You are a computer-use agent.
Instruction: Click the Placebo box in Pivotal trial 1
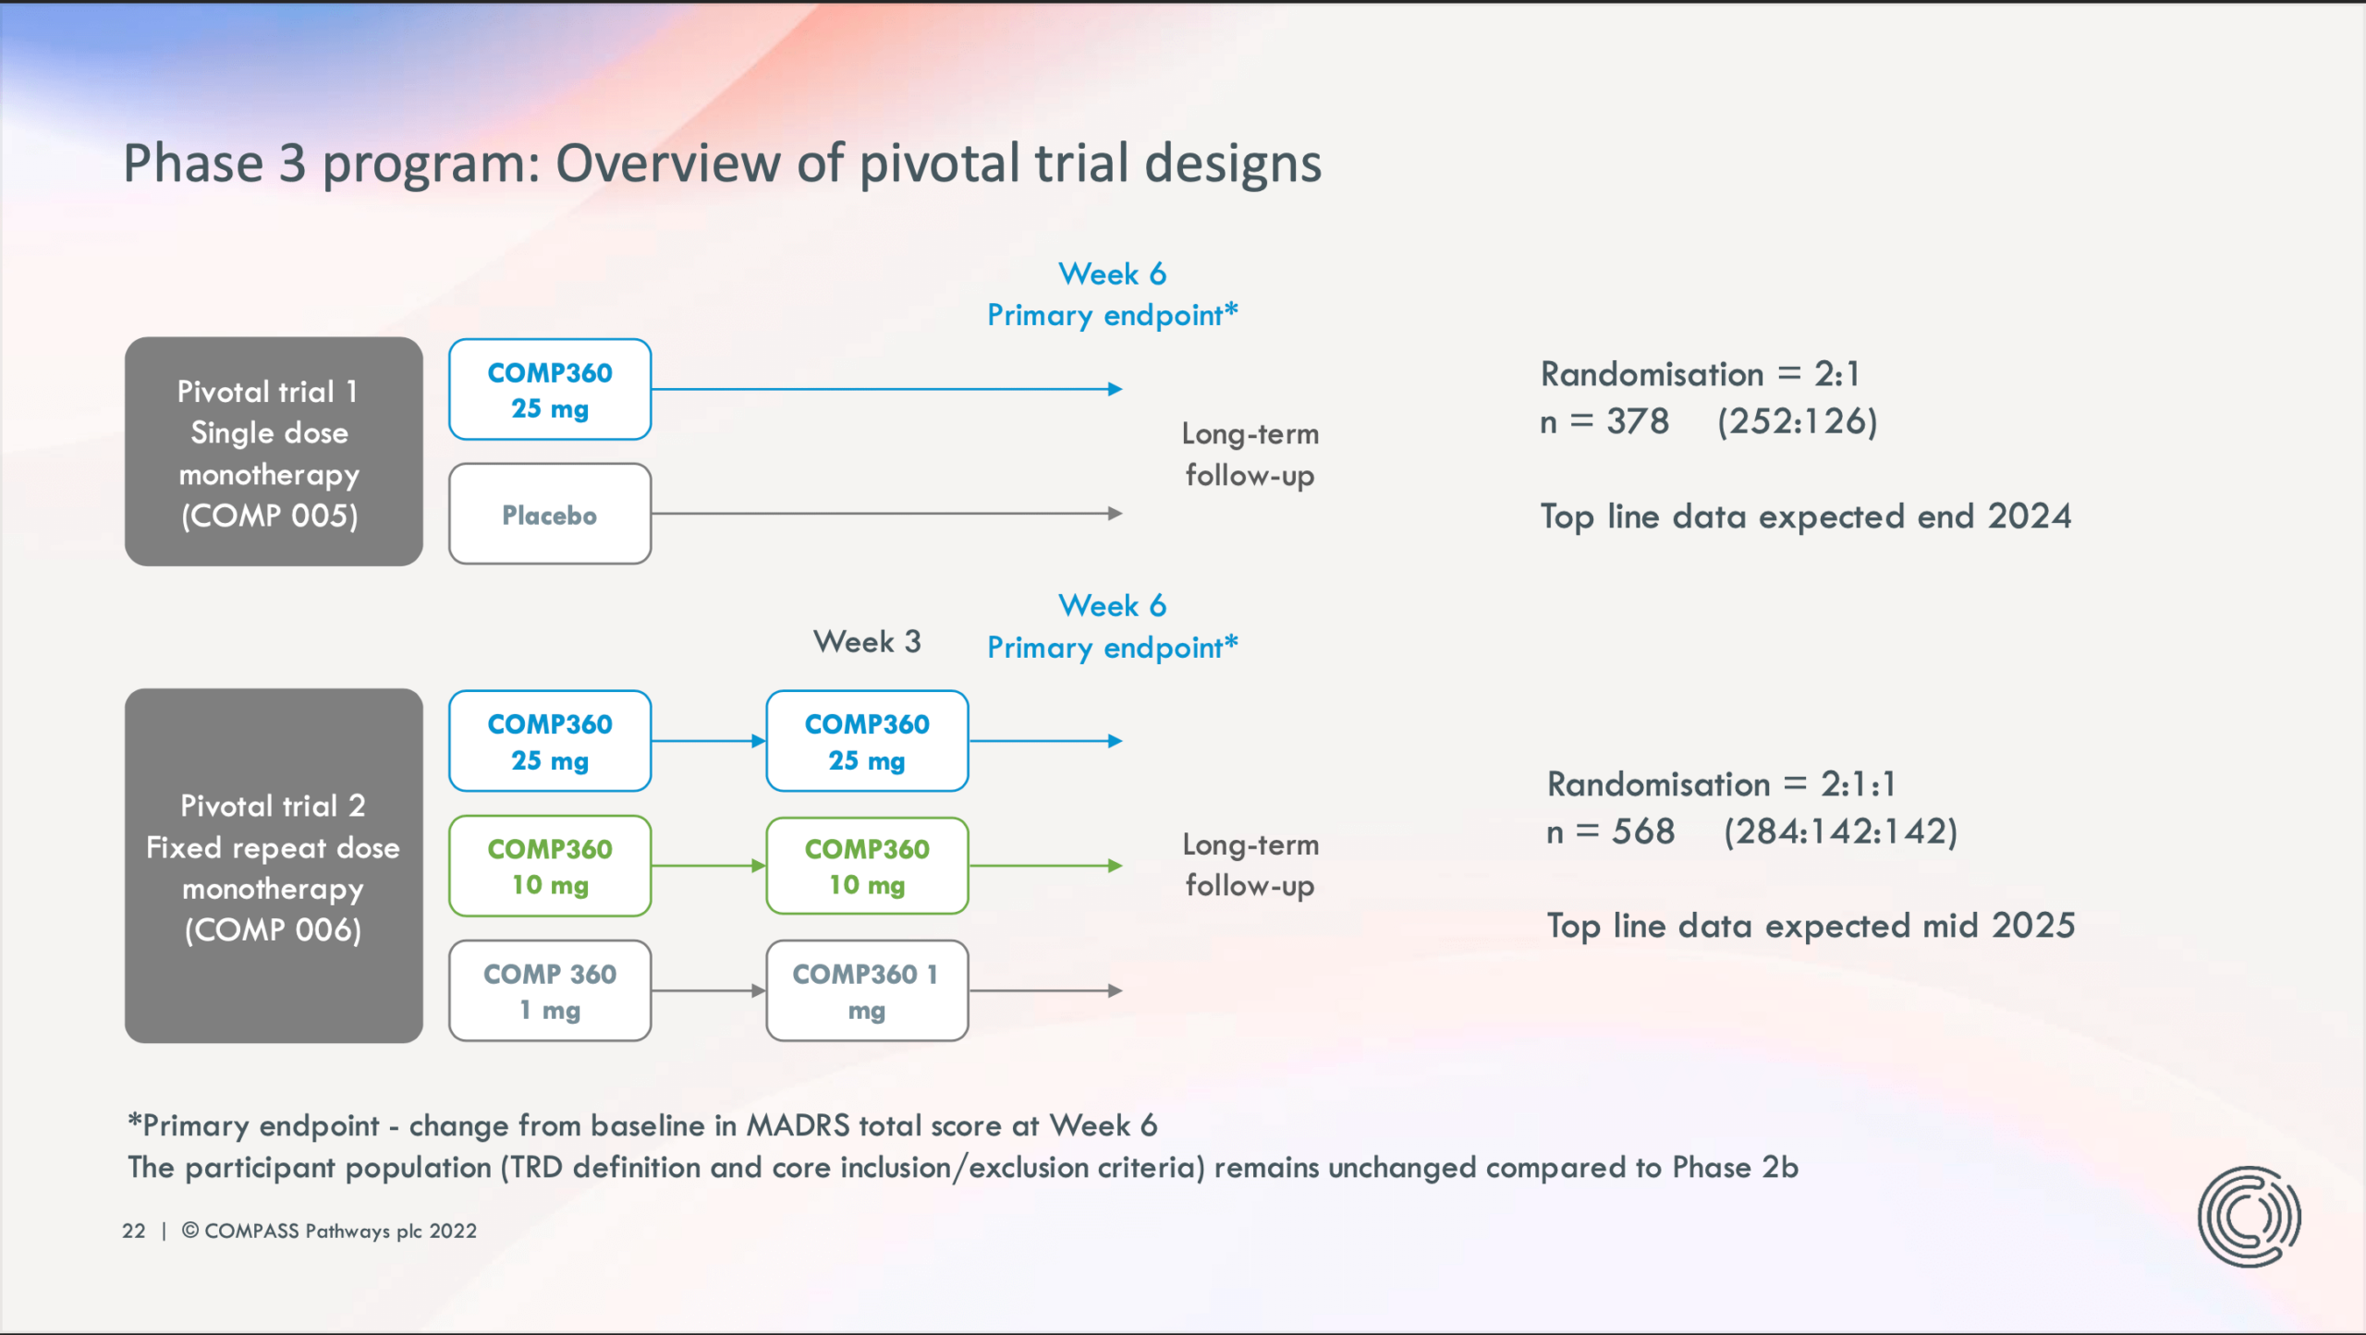550,514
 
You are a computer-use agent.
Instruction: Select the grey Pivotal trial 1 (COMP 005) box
274,451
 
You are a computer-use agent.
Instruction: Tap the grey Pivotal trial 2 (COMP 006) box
274,866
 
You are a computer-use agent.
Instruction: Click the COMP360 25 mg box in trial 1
550,389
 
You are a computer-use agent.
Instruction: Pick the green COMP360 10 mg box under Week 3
867,866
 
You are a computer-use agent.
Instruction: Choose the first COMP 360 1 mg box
550,990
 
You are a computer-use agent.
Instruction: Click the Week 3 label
867,641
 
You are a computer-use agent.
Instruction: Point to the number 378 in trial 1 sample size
1638,421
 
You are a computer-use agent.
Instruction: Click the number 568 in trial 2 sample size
1643,831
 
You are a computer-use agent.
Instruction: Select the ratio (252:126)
1798,421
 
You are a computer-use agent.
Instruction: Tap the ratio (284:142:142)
1841,831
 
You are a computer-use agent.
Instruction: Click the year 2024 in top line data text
2030,516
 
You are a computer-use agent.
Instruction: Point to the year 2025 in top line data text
2033,926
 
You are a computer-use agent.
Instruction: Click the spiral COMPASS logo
2250,1216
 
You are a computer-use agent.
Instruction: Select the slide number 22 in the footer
134,1231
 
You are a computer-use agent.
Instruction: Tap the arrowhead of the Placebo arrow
1116,514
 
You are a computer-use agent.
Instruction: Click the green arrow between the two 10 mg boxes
709,866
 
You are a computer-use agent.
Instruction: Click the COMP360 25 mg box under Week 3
867,741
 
